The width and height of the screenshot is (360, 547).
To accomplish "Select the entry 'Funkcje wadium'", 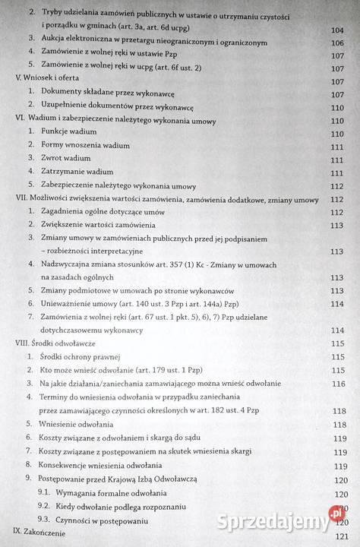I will pos(69,133).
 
